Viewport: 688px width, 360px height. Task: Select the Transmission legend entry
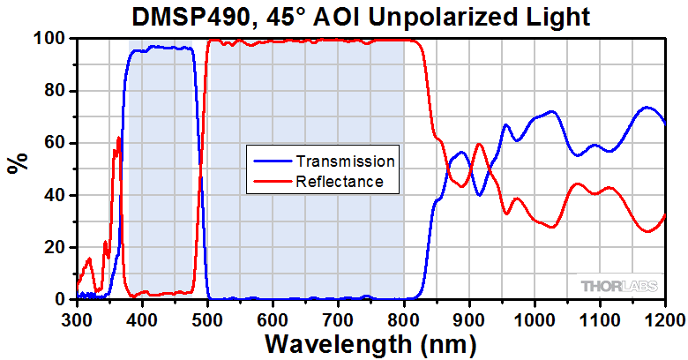click(x=345, y=162)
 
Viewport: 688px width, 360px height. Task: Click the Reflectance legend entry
click(x=340, y=182)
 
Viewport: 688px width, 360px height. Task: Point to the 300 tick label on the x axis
click(x=77, y=319)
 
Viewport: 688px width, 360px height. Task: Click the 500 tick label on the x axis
click(x=207, y=319)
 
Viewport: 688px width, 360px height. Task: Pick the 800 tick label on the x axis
click(x=404, y=319)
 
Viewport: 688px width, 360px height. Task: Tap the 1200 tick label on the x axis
click(x=663, y=319)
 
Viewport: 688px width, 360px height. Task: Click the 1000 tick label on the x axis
click(x=534, y=319)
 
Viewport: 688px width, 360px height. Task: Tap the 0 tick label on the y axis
click(x=60, y=299)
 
